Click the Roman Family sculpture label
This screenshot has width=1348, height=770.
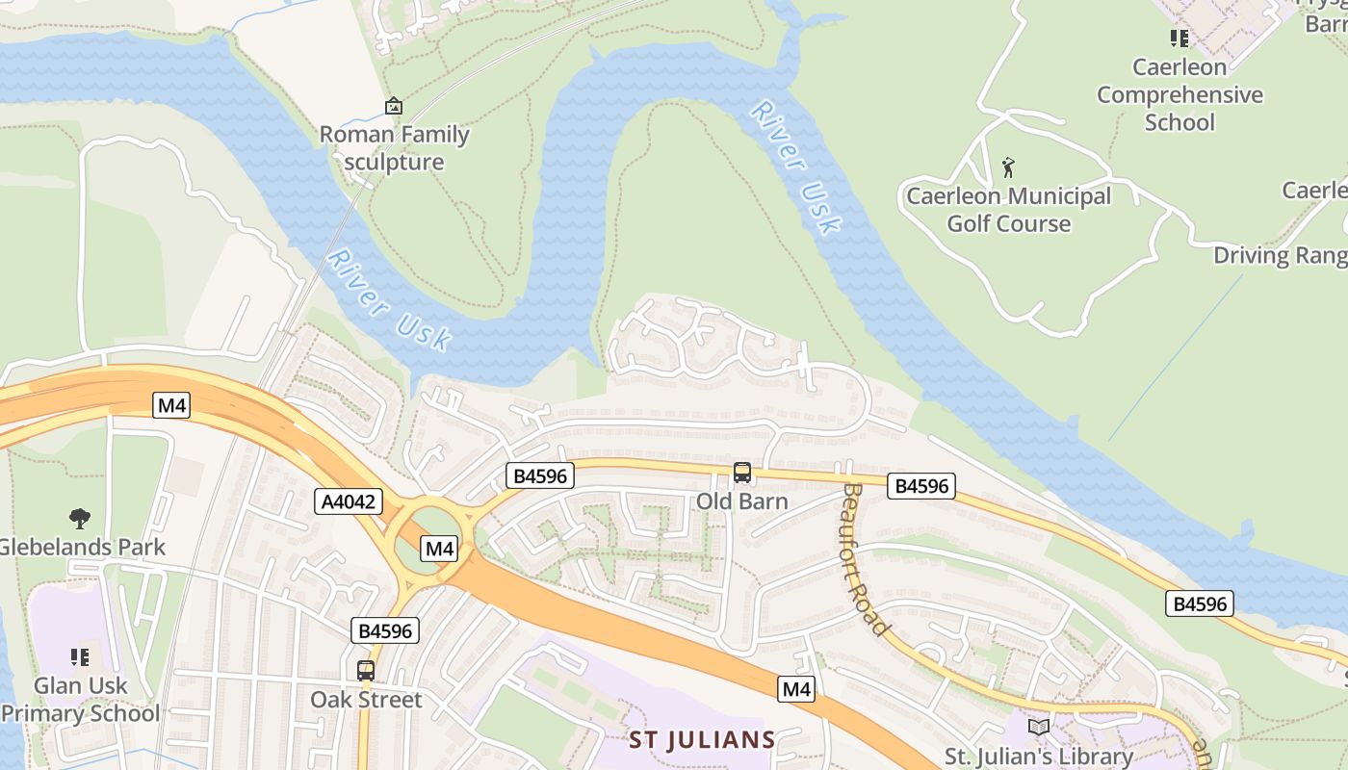point(394,148)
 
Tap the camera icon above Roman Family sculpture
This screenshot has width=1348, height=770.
point(393,106)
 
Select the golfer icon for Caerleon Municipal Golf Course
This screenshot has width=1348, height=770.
point(1008,167)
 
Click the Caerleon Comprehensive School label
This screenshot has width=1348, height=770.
point(1179,94)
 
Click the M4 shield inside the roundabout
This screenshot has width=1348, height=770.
point(439,549)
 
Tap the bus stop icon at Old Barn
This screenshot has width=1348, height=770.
point(742,473)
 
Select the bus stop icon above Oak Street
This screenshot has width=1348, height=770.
point(366,671)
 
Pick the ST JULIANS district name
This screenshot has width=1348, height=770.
point(702,740)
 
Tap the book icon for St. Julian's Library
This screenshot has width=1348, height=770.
point(1038,727)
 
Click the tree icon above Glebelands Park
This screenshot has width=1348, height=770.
point(80,519)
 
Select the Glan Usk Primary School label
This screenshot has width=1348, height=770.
point(82,700)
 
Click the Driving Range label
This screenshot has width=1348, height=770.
point(1279,255)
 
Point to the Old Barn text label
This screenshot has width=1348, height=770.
point(742,501)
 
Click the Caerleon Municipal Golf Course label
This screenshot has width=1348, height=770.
point(1008,210)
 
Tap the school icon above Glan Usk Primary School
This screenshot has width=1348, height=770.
point(80,657)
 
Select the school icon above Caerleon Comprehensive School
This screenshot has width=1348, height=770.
point(1179,38)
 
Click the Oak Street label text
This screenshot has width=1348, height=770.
point(366,700)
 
